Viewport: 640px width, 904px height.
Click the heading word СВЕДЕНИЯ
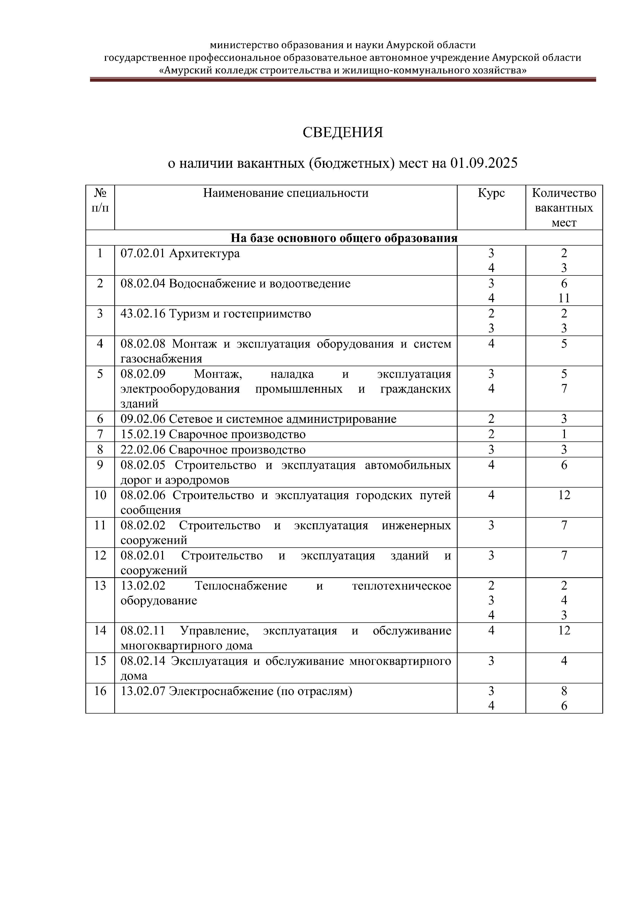point(343,132)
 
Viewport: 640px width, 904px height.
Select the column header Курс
point(491,193)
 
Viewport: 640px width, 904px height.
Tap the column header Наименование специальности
point(286,193)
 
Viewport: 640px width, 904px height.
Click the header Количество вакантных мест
point(564,207)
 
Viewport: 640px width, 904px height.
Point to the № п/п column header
point(100,200)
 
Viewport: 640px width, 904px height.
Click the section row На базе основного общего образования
point(344,238)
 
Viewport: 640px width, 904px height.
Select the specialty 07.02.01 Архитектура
point(180,253)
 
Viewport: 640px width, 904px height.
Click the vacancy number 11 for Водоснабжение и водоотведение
point(564,298)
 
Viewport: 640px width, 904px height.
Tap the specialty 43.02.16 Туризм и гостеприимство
point(216,314)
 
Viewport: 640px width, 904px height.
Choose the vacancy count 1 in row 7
point(564,434)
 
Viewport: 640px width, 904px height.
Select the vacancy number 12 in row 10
point(564,495)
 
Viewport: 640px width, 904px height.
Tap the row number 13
point(100,586)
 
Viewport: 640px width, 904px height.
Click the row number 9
point(100,465)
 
